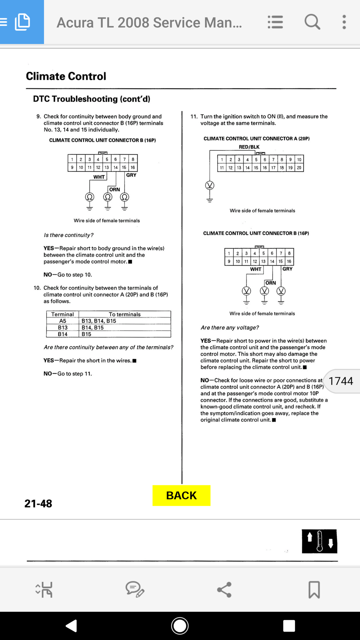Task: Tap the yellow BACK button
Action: [182, 495]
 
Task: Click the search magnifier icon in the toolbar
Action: [312, 22]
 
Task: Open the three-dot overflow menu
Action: [344, 22]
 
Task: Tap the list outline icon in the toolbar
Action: [275, 22]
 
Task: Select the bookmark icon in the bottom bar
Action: [314, 589]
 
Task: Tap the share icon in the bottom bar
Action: [224, 590]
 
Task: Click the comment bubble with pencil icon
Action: [135, 589]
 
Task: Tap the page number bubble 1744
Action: [341, 381]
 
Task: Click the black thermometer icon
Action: [319, 541]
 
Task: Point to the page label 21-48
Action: [38, 503]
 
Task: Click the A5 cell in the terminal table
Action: [63, 321]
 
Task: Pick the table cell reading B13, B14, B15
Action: [99, 321]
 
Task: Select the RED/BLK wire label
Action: [249, 147]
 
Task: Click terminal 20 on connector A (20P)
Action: [299, 167]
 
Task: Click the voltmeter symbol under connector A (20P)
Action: [210, 185]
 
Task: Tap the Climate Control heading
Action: [66, 76]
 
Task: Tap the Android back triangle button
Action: [71, 626]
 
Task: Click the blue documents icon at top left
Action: [22, 22]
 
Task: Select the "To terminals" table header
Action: [125, 314]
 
